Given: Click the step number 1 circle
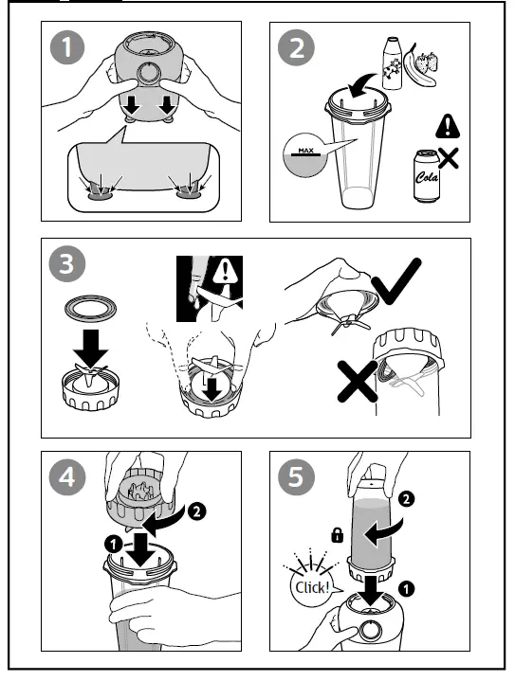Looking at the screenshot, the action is point(67,47).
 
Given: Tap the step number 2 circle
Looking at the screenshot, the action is point(296,47).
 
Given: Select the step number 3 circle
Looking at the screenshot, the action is point(67,263).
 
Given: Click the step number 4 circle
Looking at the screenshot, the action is point(67,476).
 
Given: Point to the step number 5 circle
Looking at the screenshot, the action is point(296,476).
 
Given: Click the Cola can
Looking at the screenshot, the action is point(426,176).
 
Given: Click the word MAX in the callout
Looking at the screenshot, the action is point(305,151).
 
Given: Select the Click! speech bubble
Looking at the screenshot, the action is point(312,586).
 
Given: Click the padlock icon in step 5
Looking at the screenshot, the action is point(337,535).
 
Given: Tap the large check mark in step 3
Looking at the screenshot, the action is point(396,281).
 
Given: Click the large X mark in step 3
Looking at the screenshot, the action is point(358,382).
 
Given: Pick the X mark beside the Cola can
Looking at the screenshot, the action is point(448,158).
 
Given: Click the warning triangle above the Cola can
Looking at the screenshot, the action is point(447,126).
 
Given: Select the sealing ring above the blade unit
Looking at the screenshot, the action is point(90,309).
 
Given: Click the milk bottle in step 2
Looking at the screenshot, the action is point(392,63).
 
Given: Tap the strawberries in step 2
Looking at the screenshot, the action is point(427,62).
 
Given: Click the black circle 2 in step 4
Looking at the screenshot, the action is point(196,511).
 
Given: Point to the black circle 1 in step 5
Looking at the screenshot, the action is point(406,589).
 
